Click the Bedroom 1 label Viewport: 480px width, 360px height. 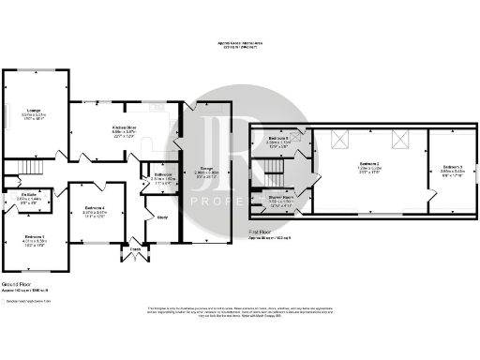point(35,236)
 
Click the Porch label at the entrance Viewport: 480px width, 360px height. point(135,248)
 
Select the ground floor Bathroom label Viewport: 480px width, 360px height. point(161,175)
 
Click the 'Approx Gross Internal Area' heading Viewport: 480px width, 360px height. point(240,43)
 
